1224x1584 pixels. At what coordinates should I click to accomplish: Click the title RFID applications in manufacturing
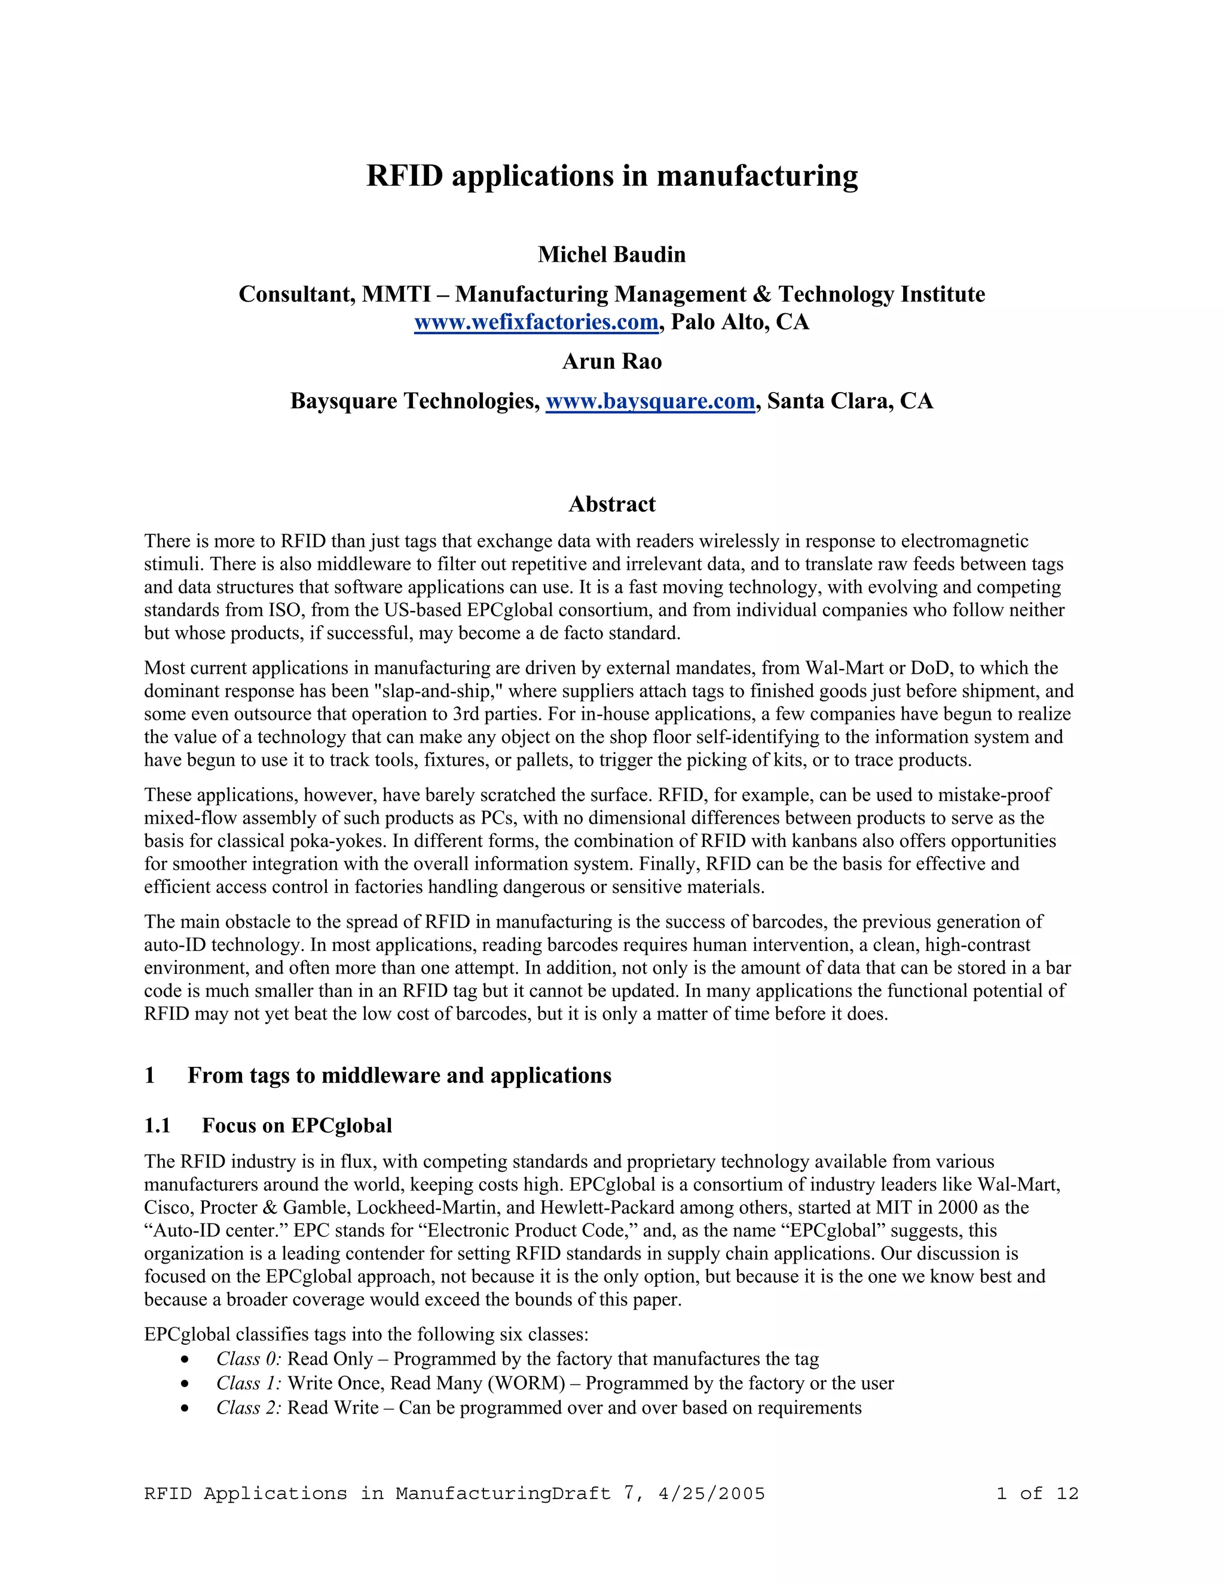click(611, 176)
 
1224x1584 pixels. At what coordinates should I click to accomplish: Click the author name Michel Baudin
click(611, 255)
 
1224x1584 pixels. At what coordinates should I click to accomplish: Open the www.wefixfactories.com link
click(536, 322)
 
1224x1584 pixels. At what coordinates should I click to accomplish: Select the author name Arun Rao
click(611, 361)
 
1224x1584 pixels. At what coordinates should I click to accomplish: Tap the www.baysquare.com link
click(650, 401)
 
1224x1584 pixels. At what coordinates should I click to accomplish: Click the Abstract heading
click(611, 504)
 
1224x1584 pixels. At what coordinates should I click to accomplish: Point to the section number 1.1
click(157, 1126)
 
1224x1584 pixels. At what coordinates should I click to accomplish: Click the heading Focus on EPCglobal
click(296, 1126)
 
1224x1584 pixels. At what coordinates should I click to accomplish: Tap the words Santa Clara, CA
click(850, 401)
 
